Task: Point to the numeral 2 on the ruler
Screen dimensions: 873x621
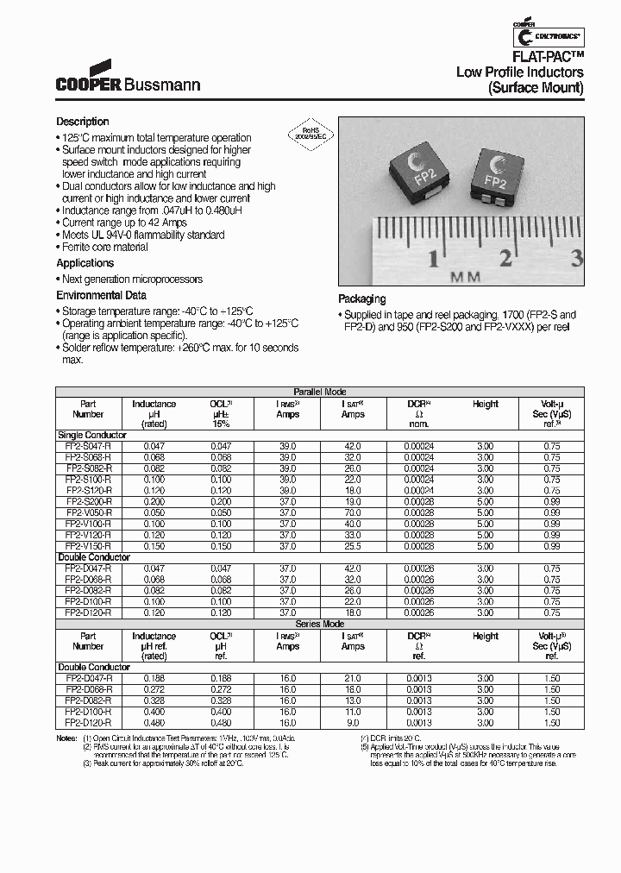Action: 506,256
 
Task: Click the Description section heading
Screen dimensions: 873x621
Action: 83,122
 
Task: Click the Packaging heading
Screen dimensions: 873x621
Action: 361,299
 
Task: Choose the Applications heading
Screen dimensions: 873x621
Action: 85,263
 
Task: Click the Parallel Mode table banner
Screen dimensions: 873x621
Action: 320,391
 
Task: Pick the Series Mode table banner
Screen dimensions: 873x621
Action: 320,623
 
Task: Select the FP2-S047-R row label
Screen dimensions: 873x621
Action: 88,446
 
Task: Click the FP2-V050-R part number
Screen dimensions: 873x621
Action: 88,512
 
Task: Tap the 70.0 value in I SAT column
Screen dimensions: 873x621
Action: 353,512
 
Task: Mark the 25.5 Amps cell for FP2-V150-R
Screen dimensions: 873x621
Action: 353,546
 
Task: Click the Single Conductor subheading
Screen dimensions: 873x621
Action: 91,435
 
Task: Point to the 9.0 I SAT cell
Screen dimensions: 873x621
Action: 353,723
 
